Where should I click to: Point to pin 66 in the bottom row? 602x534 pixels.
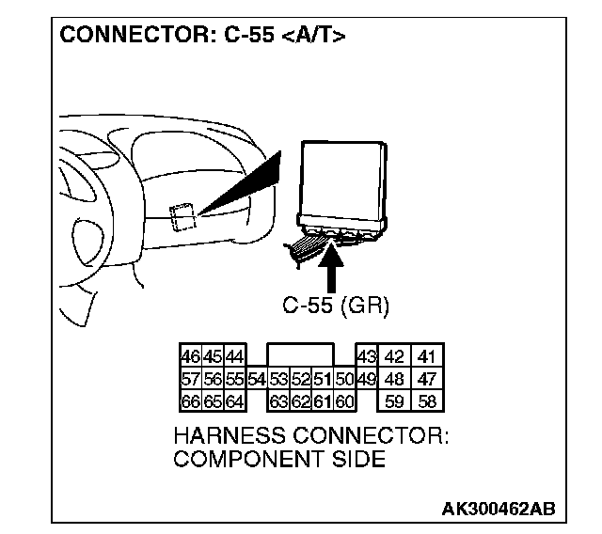point(190,401)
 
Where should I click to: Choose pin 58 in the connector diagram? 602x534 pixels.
point(429,401)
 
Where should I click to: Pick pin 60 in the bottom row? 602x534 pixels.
point(343,401)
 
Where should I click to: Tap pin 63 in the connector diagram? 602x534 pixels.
point(278,401)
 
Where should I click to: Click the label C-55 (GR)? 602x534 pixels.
point(336,305)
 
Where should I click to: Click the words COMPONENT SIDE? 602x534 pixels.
point(279,460)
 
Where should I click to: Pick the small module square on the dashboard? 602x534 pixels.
point(182,215)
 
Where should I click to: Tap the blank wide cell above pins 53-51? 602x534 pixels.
point(300,355)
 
